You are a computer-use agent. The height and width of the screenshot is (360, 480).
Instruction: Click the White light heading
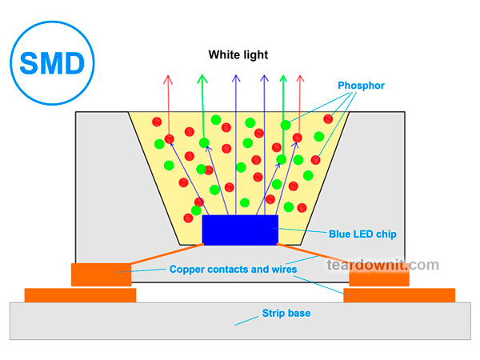click(x=238, y=55)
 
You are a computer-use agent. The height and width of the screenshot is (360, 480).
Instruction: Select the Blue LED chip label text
click(x=362, y=234)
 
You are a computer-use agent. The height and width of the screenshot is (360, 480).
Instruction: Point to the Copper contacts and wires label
click(x=234, y=270)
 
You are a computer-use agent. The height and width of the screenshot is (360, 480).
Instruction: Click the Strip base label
click(x=286, y=313)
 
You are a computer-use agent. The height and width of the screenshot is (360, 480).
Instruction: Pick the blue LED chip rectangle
click(x=240, y=230)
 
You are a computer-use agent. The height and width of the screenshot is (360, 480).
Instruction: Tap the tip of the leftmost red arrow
click(x=168, y=78)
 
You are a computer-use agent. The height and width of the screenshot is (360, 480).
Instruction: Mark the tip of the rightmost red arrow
click(x=300, y=78)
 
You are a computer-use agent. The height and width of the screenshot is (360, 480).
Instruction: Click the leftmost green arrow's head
click(x=202, y=78)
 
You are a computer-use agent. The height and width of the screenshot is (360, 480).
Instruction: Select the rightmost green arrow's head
click(x=282, y=78)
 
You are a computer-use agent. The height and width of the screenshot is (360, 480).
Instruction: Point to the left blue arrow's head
click(x=235, y=78)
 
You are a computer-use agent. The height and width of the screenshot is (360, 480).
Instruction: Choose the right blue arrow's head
click(x=263, y=78)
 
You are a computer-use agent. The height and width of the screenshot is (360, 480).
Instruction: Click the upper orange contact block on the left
click(x=102, y=274)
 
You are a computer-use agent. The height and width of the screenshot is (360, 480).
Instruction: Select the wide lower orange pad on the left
click(x=80, y=295)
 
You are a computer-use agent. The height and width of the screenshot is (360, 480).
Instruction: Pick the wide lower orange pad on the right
click(x=399, y=295)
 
